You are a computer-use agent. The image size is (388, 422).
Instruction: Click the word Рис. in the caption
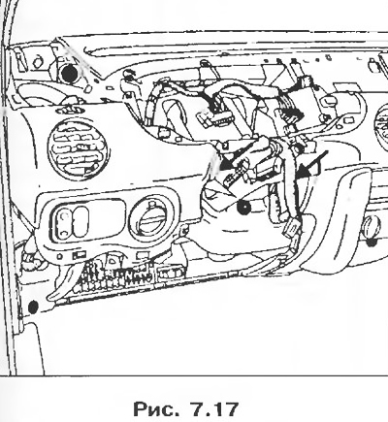point(154,408)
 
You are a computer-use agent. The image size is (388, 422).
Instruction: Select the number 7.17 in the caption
point(214,409)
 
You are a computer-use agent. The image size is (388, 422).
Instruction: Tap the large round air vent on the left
point(78,150)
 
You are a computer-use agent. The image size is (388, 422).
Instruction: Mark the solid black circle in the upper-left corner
point(69,74)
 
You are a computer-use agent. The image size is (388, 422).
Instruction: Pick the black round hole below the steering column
point(243,207)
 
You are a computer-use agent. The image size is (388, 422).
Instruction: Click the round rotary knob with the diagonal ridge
point(152,217)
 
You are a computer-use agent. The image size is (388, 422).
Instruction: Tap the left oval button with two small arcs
point(64,222)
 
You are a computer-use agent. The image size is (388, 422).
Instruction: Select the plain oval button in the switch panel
point(81,221)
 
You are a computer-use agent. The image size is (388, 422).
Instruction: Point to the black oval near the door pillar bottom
point(33,307)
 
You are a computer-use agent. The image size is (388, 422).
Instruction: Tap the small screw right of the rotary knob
point(184,231)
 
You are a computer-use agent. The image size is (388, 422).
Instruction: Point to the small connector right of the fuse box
point(171,273)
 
